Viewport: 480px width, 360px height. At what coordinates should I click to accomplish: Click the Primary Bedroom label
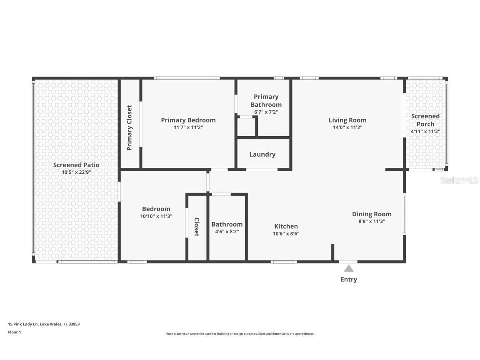[x=188, y=120]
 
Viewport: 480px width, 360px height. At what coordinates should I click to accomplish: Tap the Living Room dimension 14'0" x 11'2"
[x=347, y=127]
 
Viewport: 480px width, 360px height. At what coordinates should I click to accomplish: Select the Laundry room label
[x=262, y=154]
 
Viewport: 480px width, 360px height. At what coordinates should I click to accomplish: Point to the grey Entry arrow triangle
[x=349, y=268]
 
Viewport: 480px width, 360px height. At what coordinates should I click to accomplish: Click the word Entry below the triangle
[x=349, y=280]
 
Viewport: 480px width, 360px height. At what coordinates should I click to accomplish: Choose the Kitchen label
[x=286, y=226]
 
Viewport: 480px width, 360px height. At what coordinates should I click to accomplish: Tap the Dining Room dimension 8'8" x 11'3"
[x=372, y=221]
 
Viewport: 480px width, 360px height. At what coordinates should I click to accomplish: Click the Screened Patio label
[x=76, y=165]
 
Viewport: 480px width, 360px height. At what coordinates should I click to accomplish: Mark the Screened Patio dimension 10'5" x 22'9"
[x=76, y=172]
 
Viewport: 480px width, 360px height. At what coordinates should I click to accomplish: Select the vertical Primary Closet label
[x=129, y=127]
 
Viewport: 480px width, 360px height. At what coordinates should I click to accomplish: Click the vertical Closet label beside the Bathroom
[x=197, y=227]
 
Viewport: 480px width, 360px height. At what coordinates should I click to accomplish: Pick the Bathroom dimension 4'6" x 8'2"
[x=227, y=232]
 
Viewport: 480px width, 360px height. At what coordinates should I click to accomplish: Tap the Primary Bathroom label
[x=266, y=101]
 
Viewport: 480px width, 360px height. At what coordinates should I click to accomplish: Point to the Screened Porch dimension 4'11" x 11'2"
[x=425, y=132]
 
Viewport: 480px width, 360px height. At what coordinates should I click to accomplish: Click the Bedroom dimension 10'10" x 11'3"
[x=156, y=216]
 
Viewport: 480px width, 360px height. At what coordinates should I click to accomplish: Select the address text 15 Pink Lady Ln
[x=23, y=324]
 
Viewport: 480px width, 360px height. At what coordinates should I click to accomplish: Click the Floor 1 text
[x=15, y=332]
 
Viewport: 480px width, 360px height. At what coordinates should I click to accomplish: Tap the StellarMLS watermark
[x=459, y=180]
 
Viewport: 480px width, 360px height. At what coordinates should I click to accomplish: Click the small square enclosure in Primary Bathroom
[x=246, y=126]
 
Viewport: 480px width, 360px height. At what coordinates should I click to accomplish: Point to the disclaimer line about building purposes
[x=240, y=334]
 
